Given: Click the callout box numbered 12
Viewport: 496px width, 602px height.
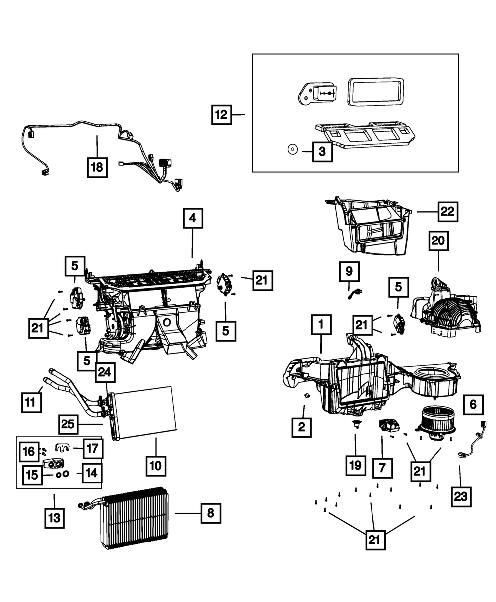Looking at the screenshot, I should [221, 115].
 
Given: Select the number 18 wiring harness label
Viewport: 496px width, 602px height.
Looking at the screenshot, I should [97, 167].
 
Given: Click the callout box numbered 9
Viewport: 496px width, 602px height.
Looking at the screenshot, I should [349, 271].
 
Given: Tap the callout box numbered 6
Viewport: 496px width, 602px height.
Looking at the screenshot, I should [473, 405].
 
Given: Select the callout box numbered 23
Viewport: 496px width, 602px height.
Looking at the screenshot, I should [461, 496].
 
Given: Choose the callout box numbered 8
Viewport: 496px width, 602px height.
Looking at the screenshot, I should [211, 513].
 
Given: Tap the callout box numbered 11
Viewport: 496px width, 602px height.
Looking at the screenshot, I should [31, 402].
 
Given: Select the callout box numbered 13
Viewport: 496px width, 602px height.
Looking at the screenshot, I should [54, 517].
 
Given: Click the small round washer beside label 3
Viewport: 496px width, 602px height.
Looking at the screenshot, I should [292, 149].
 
